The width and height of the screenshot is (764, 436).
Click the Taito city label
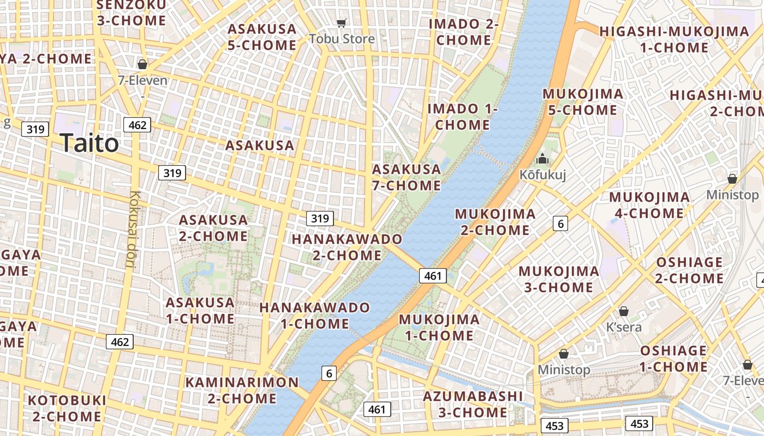89,143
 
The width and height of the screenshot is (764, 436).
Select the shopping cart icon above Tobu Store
342,23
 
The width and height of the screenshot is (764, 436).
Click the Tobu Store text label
342,39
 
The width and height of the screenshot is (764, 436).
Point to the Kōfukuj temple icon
542,159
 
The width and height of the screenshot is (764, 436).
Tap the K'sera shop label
624,327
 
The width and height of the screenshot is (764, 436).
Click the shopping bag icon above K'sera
624,311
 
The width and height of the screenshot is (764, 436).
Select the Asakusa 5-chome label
262,37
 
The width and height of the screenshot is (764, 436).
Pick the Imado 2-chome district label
464,32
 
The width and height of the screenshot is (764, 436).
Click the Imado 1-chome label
462,117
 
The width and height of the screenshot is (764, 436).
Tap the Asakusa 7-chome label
407,177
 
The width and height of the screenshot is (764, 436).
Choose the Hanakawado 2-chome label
347,247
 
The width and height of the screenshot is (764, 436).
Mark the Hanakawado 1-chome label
315,316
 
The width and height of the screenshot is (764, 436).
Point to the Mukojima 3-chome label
558,279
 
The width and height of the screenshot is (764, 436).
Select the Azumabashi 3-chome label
473,404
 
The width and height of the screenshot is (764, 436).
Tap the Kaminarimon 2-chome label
242,390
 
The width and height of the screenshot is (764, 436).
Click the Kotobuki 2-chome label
67,408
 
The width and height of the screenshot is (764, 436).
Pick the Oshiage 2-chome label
689,270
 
